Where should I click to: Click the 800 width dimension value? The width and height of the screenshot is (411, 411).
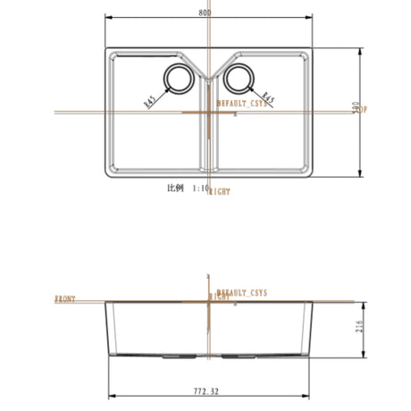tap(206, 13)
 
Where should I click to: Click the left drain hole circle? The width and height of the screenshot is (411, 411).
tap(177, 79)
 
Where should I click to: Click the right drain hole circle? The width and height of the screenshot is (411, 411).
tap(239, 79)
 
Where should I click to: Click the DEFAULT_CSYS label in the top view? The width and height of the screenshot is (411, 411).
tap(243, 104)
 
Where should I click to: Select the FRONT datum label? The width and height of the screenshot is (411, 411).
tap(65, 298)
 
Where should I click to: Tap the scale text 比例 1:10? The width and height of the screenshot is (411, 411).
tap(187, 189)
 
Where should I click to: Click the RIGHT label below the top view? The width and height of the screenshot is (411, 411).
tap(220, 191)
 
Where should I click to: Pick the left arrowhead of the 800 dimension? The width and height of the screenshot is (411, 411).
tap(109, 18)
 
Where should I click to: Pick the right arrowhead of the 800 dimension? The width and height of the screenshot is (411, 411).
tap(311, 18)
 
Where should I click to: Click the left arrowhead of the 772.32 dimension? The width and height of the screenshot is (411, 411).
tap(112, 397)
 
